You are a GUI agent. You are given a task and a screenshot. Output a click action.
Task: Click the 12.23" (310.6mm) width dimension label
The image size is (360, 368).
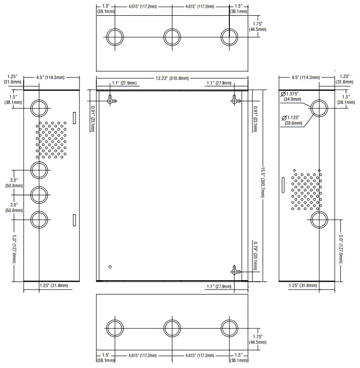pos(172,78)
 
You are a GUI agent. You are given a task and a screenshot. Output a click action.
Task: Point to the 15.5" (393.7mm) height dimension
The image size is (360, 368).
pos(263,183)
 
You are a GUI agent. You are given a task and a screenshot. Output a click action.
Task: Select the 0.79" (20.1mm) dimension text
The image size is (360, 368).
pos(255,256)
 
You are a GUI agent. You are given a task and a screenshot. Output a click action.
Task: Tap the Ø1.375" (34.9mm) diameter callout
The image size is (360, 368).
pos(291,97)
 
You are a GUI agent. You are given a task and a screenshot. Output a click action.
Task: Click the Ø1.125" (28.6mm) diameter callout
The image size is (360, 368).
pos(292,120)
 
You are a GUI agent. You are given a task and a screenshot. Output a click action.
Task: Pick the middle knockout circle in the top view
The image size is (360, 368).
pos(172,37)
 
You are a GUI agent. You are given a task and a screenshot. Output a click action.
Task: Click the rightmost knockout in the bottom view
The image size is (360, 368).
pos(229,328)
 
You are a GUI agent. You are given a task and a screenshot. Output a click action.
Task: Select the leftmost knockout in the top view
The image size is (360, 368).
pos(114,37)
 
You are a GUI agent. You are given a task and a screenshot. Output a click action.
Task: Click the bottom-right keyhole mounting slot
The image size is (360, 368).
pos(235,271)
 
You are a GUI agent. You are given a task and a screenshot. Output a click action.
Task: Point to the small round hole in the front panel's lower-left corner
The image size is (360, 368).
pos(110,266)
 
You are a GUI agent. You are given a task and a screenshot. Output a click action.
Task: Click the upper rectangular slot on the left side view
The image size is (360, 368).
pos(74,118)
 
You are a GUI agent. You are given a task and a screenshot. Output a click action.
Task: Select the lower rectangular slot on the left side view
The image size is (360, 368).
pos(74,220)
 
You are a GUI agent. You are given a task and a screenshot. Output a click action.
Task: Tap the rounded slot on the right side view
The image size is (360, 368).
pos(283,185)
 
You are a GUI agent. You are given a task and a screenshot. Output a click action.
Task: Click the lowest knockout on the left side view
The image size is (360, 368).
pos(39,220)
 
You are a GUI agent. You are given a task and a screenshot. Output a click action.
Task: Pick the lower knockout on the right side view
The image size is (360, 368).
pos(319,220)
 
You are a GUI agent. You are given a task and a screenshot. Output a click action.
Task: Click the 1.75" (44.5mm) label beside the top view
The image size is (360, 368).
pos(257,26)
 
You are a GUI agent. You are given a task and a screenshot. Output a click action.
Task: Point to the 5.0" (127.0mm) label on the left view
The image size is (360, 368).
pos(14,249)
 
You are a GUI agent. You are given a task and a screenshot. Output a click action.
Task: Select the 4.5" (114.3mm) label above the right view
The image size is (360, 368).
pos(305,78)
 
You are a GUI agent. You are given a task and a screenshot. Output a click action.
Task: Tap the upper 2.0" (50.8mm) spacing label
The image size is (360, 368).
pos(14,183)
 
